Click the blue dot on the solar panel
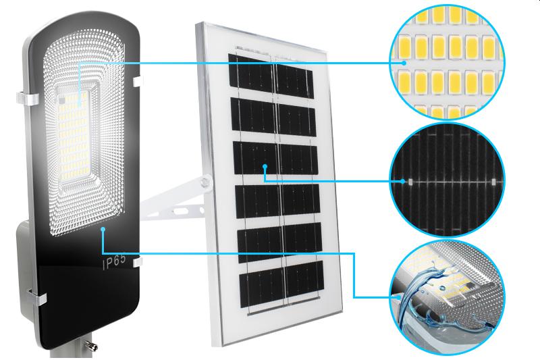[265, 166]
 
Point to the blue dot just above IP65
[103, 230]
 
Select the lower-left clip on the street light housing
[36, 294]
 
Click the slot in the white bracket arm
[180, 209]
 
